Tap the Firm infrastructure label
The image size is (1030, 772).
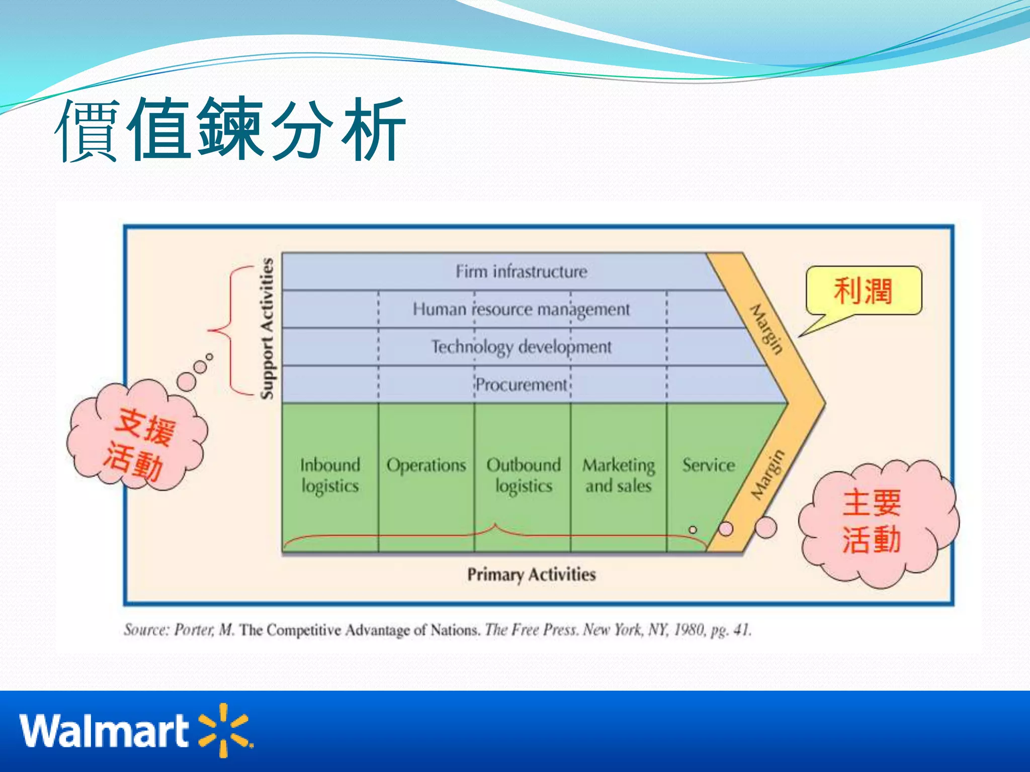(x=521, y=272)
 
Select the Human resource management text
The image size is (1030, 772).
(x=521, y=309)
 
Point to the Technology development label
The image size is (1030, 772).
(x=521, y=347)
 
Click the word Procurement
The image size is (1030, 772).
(x=521, y=385)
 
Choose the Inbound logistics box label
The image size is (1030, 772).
(x=330, y=475)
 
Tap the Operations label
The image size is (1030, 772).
(x=426, y=465)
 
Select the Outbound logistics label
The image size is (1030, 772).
(x=523, y=475)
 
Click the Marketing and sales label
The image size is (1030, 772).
(x=619, y=475)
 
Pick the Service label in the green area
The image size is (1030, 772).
(x=708, y=465)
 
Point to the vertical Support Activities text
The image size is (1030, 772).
(x=267, y=329)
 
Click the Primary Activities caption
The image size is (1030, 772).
(x=531, y=574)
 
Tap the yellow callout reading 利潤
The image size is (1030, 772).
(x=863, y=291)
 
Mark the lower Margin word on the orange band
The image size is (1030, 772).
(x=767, y=475)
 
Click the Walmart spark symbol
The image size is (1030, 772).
(x=224, y=730)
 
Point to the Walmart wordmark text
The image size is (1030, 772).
(x=104, y=731)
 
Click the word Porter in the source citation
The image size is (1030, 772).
(x=194, y=630)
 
